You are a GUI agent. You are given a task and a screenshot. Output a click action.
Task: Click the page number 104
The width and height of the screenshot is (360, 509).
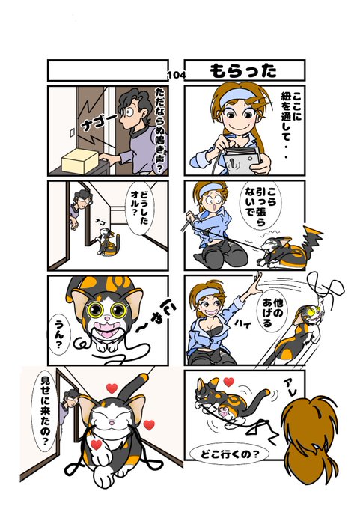(177, 76)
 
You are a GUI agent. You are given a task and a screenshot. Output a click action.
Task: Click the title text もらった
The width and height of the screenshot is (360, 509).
(243, 71)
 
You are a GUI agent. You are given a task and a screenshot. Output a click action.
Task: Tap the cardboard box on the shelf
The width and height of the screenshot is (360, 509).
(80, 161)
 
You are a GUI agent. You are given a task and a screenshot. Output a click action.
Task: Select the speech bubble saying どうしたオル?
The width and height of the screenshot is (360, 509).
(140, 208)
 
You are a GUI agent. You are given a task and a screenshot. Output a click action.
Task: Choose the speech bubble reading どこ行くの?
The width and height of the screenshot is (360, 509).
(225, 454)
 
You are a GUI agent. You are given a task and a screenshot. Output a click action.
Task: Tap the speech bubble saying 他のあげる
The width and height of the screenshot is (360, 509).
(269, 313)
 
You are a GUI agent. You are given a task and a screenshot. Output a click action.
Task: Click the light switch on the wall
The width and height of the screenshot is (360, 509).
(72, 132)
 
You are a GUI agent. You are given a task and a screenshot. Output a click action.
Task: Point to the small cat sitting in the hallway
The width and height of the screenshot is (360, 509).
(106, 242)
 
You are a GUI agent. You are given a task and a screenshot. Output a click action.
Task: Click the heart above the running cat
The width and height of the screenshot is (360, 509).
(228, 382)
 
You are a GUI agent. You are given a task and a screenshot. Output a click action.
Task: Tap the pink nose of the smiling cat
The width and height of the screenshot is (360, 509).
(111, 422)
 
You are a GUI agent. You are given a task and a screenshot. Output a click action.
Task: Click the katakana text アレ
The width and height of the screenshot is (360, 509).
(290, 387)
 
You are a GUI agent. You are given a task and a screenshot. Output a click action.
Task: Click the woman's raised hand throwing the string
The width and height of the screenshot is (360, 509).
(257, 281)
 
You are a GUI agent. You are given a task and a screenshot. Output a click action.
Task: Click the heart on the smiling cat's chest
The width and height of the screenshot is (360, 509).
(96, 445)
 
